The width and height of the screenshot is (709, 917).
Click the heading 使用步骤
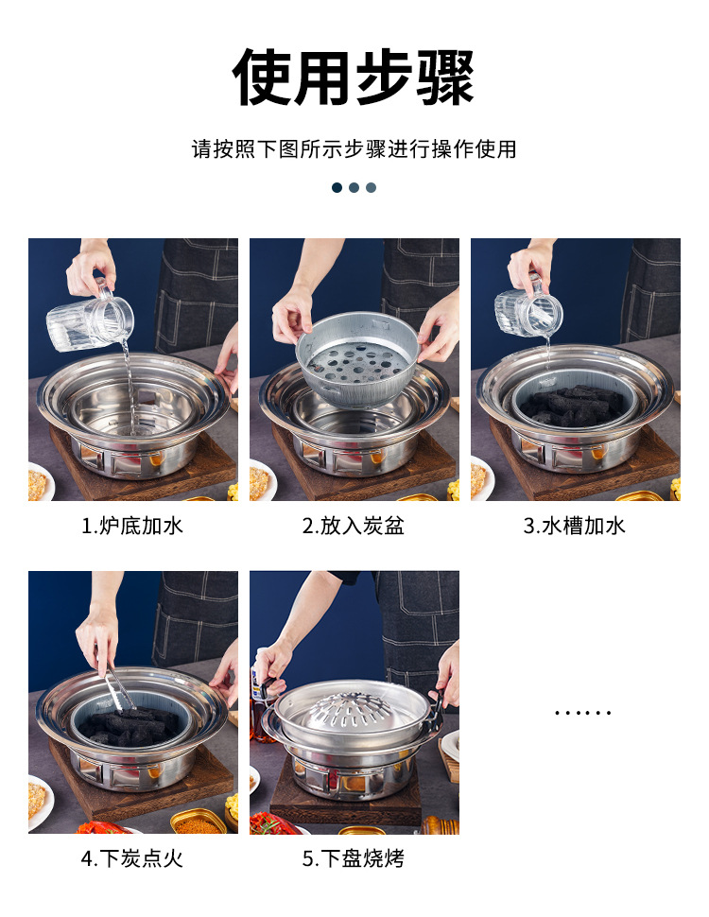(x=354, y=78)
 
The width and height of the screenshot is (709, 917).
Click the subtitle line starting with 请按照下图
(x=354, y=149)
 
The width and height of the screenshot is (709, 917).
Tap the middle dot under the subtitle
(x=354, y=187)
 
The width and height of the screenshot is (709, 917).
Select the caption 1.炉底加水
(x=132, y=527)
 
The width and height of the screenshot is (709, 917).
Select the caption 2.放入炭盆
(x=354, y=527)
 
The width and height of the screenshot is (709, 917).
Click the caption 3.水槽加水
(x=575, y=527)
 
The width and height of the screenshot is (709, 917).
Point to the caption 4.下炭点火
(x=132, y=859)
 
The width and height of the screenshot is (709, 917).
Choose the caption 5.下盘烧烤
(x=354, y=859)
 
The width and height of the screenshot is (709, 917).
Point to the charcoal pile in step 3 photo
(x=576, y=404)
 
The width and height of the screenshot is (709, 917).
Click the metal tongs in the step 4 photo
(x=119, y=687)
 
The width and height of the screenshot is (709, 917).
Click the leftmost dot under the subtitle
(x=337, y=187)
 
